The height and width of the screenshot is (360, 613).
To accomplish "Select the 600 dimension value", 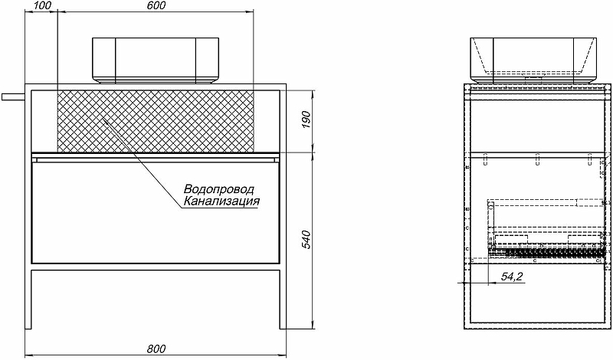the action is pos(156,5).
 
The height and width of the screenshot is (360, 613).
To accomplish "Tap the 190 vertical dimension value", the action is pos(306,121).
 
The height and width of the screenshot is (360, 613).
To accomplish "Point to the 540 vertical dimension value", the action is pos(306,240).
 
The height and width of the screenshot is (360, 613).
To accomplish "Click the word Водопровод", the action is pos(219,189).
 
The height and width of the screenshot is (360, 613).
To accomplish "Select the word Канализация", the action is pos(221,201).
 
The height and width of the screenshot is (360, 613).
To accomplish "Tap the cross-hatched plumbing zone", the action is pos(156,121).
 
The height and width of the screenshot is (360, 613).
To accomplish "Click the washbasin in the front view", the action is pos(156,61).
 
